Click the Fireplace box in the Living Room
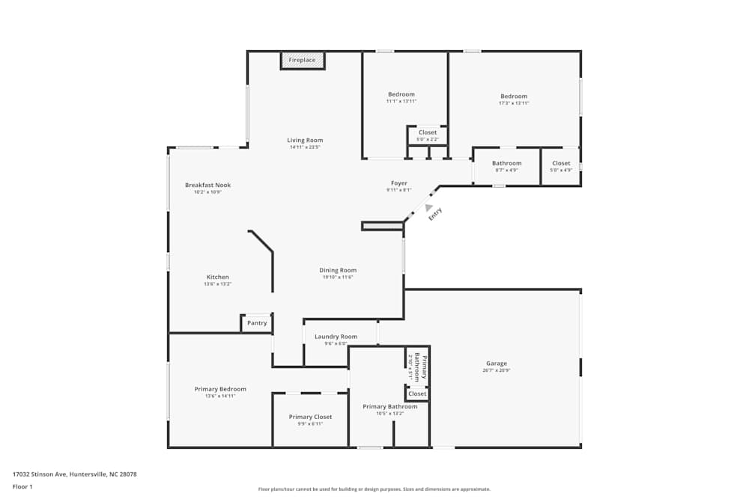pos(303,60)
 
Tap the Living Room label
pos(305,140)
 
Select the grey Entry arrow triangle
pos(428,209)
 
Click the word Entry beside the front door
pos(435,213)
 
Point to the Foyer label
pos(399,183)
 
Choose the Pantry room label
pos(257,323)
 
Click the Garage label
pos(496,364)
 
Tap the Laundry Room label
pos(336,337)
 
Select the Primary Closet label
pos(310,417)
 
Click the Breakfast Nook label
pos(208,185)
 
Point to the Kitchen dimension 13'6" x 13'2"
pos(218,284)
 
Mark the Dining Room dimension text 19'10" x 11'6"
pos(338,278)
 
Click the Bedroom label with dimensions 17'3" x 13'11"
pos(514,96)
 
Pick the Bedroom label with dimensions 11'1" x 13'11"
pos(401,94)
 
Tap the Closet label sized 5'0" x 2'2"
pos(428,132)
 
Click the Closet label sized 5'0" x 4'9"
pos(561,163)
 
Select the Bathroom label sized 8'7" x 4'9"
pos(506,163)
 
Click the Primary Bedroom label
pos(220,389)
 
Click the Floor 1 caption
pos(22,486)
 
